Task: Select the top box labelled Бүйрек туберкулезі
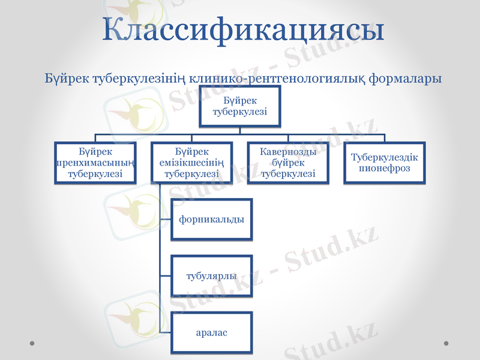[x=240, y=106]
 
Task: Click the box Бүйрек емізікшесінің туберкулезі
[x=192, y=163]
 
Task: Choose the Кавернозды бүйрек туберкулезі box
[x=289, y=163]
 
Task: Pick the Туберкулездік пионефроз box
[x=385, y=163]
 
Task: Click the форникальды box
[x=212, y=219]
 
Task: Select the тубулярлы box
[x=212, y=276]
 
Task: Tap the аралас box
[x=212, y=332]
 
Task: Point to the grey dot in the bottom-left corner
[x=32, y=344]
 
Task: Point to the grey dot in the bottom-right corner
[x=446, y=344]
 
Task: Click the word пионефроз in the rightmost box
[x=385, y=169]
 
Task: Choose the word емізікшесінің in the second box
[x=192, y=163]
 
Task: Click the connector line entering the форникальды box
[x=166, y=219]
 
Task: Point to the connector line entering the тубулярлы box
[x=166, y=276]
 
